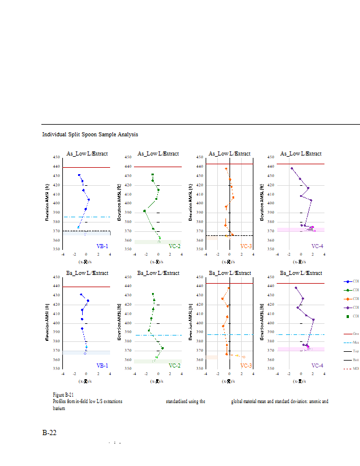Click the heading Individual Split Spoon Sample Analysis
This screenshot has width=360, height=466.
click(90, 135)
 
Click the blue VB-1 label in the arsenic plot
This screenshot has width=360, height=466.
click(102, 246)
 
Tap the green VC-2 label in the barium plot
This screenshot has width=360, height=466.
click(174, 366)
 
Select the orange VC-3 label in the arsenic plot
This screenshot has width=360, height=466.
click(246, 246)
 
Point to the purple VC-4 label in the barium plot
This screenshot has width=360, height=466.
click(317, 366)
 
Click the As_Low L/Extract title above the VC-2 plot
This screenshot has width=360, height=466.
click(158, 154)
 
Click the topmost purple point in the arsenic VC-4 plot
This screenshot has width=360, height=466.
click(292, 168)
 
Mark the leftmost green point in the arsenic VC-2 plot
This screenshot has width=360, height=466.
click(144, 211)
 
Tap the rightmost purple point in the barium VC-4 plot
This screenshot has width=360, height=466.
click(313, 319)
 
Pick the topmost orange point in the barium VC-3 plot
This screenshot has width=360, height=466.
click(229, 288)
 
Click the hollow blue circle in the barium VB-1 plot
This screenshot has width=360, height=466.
click(85, 353)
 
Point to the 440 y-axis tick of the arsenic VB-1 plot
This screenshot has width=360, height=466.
click(57, 167)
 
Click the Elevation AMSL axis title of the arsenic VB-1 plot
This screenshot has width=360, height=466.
click(47, 203)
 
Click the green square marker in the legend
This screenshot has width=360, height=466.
click(348, 316)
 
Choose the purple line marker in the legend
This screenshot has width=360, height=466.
click(348, 307)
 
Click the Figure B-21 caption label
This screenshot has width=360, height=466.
click(63, 395)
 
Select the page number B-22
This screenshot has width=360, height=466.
click(49, 433)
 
